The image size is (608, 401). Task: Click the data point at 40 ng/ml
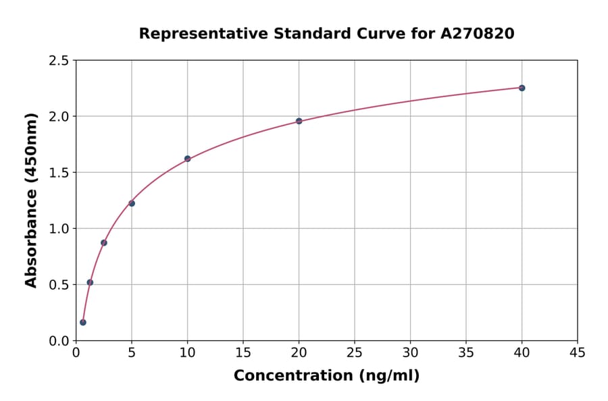tap(522, 88)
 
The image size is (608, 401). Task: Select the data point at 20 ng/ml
tap(299, 121)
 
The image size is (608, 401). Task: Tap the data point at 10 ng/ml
tap(187, 159)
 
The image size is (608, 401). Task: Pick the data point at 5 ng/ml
tap(132, 203)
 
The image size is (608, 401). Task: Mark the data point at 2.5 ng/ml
tap(103, 242)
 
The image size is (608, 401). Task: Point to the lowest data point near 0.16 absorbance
tap(83, 322)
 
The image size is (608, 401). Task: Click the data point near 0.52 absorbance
tap(90, 282)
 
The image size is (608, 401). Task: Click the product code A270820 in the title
tap(478, 33)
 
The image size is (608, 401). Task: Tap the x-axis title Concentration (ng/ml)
tap(326, 375)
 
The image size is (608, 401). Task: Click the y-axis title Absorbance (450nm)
tap(31, 200)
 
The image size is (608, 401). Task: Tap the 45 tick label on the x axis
tap(578, 352)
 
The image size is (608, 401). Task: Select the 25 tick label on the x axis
tap(355, 352)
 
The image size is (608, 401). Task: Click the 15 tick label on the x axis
tap(243, 352)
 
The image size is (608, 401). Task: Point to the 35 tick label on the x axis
tap(466, 352)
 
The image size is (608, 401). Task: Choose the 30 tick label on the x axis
tap(410, 352)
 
